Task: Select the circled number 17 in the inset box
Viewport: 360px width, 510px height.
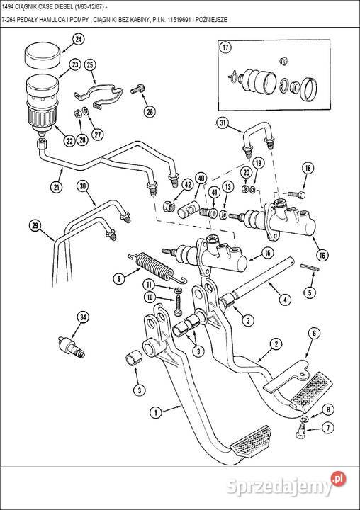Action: [226, 49]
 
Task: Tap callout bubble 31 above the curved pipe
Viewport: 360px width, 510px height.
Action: [223, 125]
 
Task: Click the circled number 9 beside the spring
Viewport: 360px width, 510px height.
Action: [118, 278]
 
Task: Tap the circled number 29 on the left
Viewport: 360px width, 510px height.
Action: [35, 227]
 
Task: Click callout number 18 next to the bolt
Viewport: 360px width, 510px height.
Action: [307, 168]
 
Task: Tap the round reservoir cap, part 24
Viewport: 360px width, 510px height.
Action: [41, 52]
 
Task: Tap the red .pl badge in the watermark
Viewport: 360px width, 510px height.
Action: [339, 480]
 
